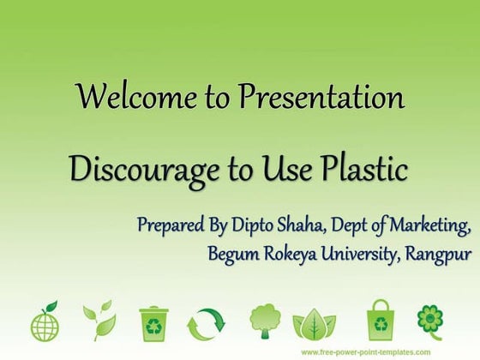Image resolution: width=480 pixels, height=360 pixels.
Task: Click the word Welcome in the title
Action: [124, 96]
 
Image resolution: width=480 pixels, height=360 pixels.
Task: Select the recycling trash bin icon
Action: [154, 321]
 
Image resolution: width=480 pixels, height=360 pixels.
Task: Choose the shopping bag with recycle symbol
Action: [380, 319]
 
